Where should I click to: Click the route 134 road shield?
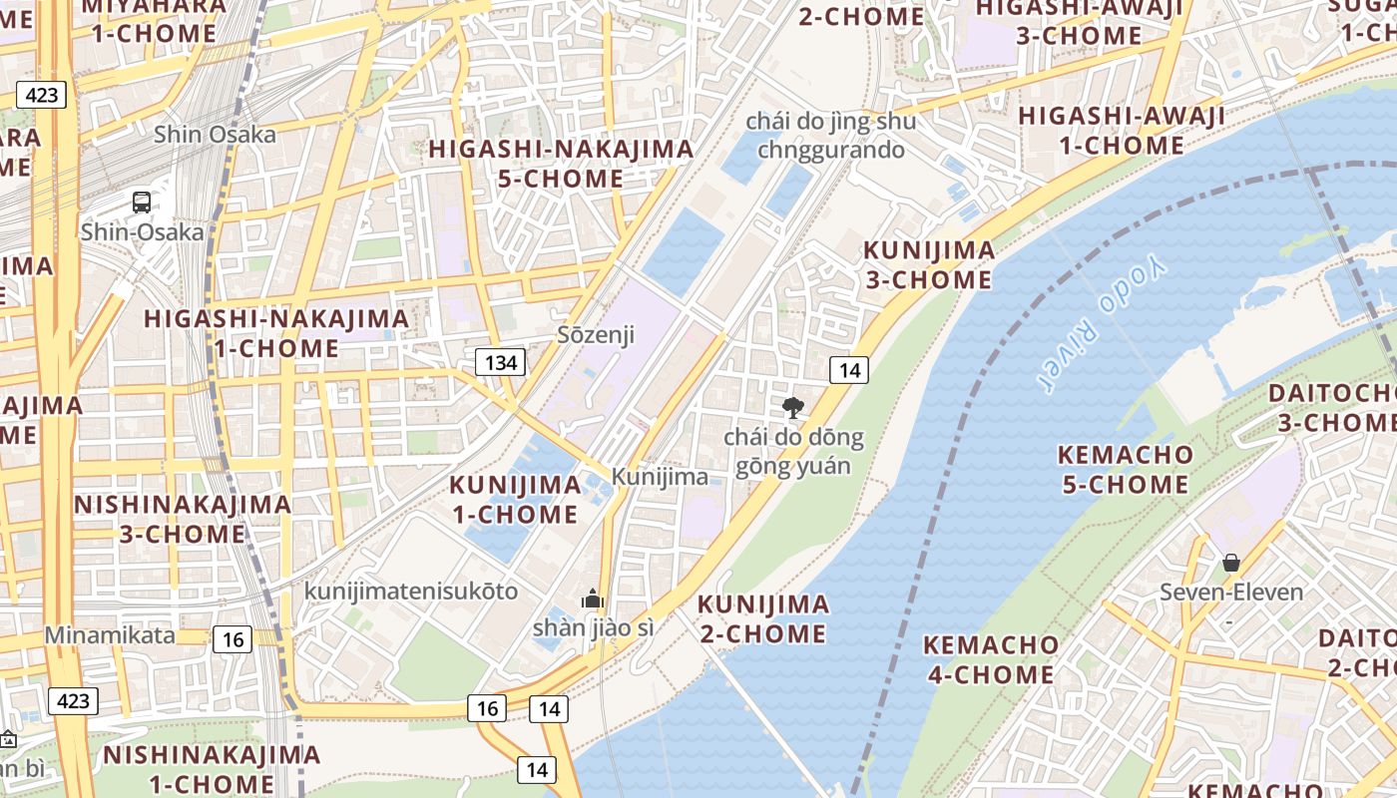[x=500, y=362]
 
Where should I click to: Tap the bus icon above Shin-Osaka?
[x=142, y=202]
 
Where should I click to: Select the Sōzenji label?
[x=596, y=334]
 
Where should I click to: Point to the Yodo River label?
[x=1101, y=324]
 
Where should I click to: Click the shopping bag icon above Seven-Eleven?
[x=1230, y=563]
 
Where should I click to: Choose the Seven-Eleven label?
[x=1230, y=593]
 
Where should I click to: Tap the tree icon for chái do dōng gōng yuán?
[x=793, y=407]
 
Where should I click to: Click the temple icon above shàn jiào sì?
[x=593, y=598]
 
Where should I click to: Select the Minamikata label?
[x=110, y=635]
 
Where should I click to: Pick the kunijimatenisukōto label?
[x=411, y=592]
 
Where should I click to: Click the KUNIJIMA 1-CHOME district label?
[x=515, y=500]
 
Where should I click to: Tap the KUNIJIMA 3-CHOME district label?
[x=928, y=264]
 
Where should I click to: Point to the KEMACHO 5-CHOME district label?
[x=1125, y=470]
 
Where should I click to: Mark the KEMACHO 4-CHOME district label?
[x=991, y=659]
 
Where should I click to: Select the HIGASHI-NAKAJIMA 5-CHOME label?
[x=561, y=164]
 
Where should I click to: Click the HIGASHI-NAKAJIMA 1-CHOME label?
[x=276, y=334]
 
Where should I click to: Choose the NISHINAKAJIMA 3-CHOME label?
[x=183, y=519]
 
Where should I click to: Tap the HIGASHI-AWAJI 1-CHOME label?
[x=1122, y=131]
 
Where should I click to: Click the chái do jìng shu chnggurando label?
[x=830, y=136]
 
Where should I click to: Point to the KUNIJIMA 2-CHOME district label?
[x=762, y=618]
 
